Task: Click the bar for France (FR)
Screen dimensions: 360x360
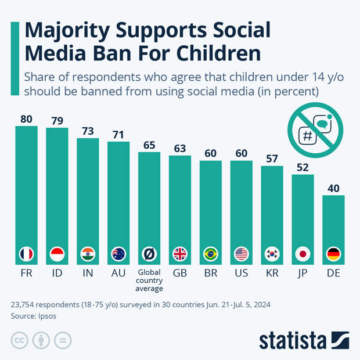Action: point(26,186)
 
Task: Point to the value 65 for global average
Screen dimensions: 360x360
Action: point(149,145)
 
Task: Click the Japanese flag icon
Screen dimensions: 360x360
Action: point(303,254)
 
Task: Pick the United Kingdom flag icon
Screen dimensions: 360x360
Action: point(180,254)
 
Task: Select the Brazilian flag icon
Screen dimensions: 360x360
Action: point(211,254)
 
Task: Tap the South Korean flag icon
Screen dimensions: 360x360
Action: point(272,254)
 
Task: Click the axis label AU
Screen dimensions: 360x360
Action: point(118,272)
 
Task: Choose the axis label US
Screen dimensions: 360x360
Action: point(241,272)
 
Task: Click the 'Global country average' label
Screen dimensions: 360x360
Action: point(149,279)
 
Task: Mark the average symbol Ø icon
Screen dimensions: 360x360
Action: point(149,254)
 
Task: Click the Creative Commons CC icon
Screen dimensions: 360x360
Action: point(19,340)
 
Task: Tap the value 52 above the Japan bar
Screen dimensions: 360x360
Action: point(303,166)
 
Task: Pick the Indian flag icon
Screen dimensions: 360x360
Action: point(88,254)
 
